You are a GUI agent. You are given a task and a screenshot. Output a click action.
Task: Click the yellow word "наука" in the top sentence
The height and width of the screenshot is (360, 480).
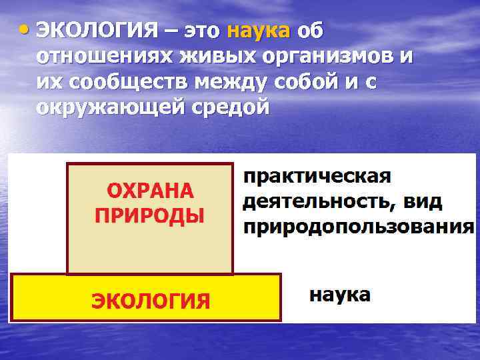(x=259, y=31)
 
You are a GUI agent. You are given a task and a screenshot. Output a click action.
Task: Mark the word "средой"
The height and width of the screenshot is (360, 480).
(x=230, y=107)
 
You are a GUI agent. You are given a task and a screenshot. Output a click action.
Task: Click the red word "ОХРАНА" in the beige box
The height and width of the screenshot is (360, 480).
(x=151, y=191)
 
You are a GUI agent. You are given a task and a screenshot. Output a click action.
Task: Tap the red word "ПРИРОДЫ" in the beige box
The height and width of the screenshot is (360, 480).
(x=151, y=215)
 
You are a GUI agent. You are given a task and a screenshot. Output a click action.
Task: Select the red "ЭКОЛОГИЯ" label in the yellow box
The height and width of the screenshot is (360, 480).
(x=151, y=301)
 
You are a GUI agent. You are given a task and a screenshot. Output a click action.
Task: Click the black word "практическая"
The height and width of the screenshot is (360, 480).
(x=317, y=177)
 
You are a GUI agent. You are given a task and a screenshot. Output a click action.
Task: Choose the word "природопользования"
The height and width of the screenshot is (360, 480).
(x=359, y=227)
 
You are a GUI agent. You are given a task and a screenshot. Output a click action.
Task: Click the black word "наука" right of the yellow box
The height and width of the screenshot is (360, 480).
(x=339, y=295)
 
